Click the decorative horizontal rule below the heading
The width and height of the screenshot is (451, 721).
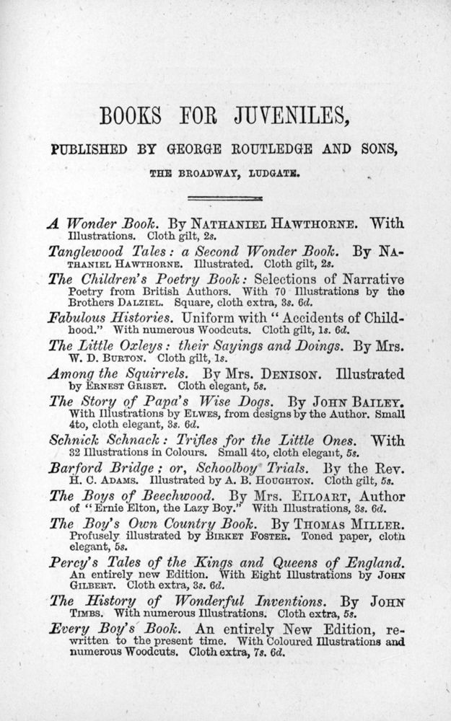(x=225, y=198)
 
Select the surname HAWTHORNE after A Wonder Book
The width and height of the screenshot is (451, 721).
(x=315, y=224)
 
